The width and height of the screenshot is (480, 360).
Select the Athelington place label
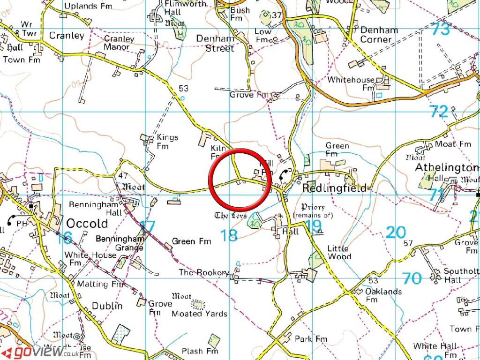point(447,167)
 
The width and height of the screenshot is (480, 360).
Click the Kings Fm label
point(167,142)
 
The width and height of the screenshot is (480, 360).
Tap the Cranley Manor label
point(119,43)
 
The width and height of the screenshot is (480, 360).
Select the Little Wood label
point(338,252)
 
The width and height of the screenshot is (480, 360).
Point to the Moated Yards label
point(200,313)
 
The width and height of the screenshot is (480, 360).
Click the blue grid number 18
point(229,235)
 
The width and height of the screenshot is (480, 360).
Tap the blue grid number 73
point(441,30)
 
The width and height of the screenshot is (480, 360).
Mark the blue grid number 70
point(412,278)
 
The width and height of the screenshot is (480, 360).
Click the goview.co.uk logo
point(40,352)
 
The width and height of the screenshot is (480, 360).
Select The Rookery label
point(203,272)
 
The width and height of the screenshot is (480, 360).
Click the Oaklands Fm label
point(384,295)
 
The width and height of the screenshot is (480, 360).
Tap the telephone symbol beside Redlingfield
point(284,176)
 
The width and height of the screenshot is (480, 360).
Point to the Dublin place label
point(107,306)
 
